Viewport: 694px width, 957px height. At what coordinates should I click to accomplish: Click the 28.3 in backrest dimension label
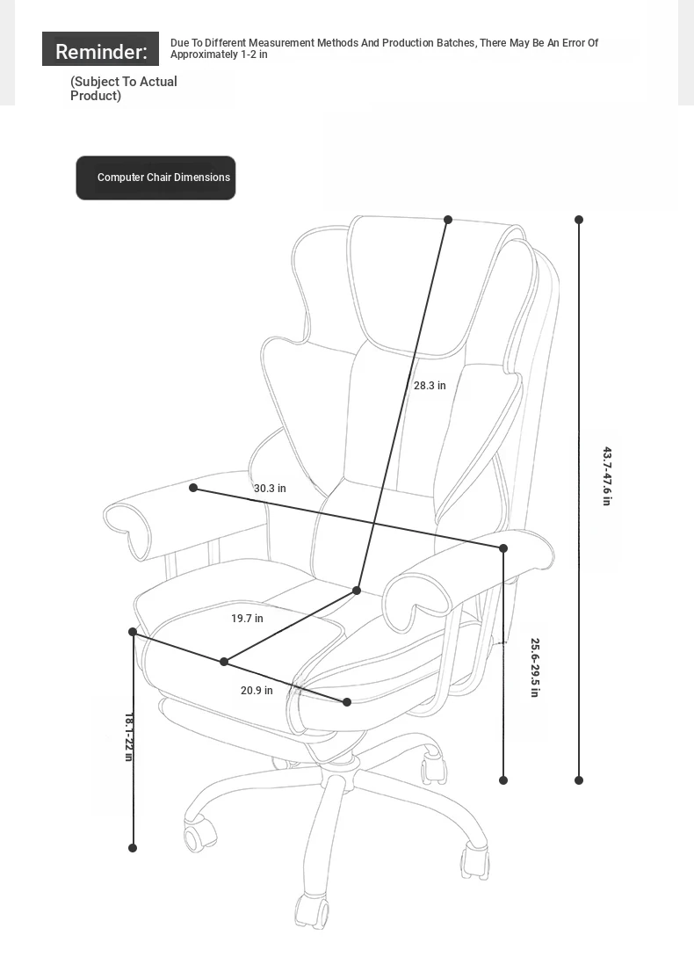tap(430, 386)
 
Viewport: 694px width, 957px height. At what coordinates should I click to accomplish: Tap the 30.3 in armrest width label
tap(270, 489)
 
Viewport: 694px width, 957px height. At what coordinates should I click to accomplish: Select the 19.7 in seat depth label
tap(247, 619)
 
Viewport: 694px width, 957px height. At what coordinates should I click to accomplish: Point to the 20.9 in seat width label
tap(257, 690)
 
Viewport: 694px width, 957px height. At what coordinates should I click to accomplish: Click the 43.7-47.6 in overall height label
tap(607, 476)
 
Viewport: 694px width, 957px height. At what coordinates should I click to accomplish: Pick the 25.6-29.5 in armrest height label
tap(535, 668)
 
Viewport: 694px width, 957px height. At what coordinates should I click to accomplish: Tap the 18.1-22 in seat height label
tap(129, 736)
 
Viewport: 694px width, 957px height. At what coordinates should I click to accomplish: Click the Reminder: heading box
tap(101, 49)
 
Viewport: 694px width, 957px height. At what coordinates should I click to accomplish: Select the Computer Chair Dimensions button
tap(155, 178)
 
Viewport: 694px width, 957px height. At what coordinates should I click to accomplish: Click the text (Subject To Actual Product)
tap(123, 89)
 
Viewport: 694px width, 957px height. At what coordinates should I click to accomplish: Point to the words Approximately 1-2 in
tap(219, 54)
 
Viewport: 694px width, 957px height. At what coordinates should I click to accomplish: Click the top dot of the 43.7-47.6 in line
tap(579, 220)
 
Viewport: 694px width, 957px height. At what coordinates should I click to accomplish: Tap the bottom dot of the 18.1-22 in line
tap(133, 848)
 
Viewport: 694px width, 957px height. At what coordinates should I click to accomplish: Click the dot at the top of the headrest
tap(448, 220)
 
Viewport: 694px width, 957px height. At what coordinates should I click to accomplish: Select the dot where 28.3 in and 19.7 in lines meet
tap(357, 591)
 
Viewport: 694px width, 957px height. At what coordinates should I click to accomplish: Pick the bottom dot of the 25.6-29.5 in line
tap(503, 780)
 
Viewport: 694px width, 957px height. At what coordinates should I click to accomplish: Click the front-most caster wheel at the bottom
tap(312, 911)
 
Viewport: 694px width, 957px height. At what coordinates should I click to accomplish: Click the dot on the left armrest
tap(193, 488)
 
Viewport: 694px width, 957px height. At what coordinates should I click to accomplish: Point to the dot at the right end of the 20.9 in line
tap(347, 702)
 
